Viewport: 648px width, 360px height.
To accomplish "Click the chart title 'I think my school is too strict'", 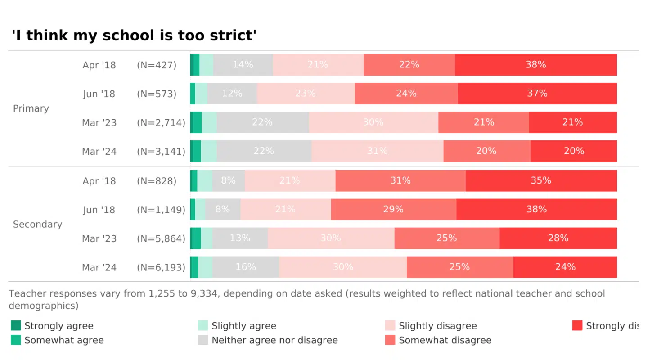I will point(134,36).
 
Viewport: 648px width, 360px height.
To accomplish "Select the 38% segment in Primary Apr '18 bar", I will point(535,65).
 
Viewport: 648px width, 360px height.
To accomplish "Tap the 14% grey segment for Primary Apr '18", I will point(243,65).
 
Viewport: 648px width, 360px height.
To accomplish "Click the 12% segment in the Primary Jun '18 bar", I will point(232,94).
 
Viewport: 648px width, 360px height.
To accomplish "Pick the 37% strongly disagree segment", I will point(537,94).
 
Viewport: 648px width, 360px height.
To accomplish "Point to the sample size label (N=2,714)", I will point(161,122).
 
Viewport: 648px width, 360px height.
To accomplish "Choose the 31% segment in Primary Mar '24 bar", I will point(377,151).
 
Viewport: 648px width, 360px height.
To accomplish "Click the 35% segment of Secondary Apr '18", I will point(541,180).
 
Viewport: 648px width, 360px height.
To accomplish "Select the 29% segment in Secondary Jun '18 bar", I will point(393,209).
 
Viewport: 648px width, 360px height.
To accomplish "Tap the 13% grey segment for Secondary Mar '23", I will point(240,238).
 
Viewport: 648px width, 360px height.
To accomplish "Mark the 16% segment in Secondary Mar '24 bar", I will point(246,267).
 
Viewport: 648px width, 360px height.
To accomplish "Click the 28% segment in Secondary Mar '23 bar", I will point(558,238).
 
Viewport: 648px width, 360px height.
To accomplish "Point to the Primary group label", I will point(31,108).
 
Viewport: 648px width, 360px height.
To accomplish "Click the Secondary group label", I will point(37,224).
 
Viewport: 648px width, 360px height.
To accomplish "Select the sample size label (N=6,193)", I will point(161,267).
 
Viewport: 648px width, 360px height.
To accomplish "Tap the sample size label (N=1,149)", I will point(161,210).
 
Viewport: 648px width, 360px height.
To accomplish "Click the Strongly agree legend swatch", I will point(16,325).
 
